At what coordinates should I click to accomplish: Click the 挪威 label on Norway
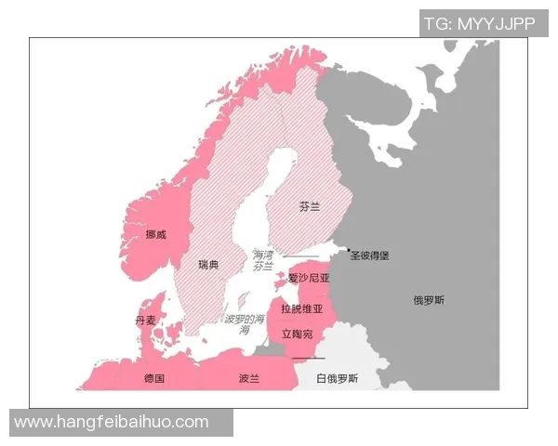[x=155, y=234]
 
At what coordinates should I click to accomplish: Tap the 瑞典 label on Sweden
[x=208, y=265]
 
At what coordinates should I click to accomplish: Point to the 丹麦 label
[x=145, y=320]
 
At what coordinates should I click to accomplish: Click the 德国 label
[x=154, y=379]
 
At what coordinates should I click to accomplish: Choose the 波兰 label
[x=248, y=379]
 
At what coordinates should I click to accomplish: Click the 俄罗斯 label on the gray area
[x=429, y=300]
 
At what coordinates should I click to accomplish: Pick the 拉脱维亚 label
[x=300, y=308]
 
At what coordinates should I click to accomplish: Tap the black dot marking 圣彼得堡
[x=350, y=251]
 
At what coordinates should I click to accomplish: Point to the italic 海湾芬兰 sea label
[x=263, y=260]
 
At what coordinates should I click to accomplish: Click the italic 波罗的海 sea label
[x=244, y=323]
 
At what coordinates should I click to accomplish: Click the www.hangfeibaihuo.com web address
[x=112, y=422]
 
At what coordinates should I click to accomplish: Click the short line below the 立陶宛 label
[x=308, y=358]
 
